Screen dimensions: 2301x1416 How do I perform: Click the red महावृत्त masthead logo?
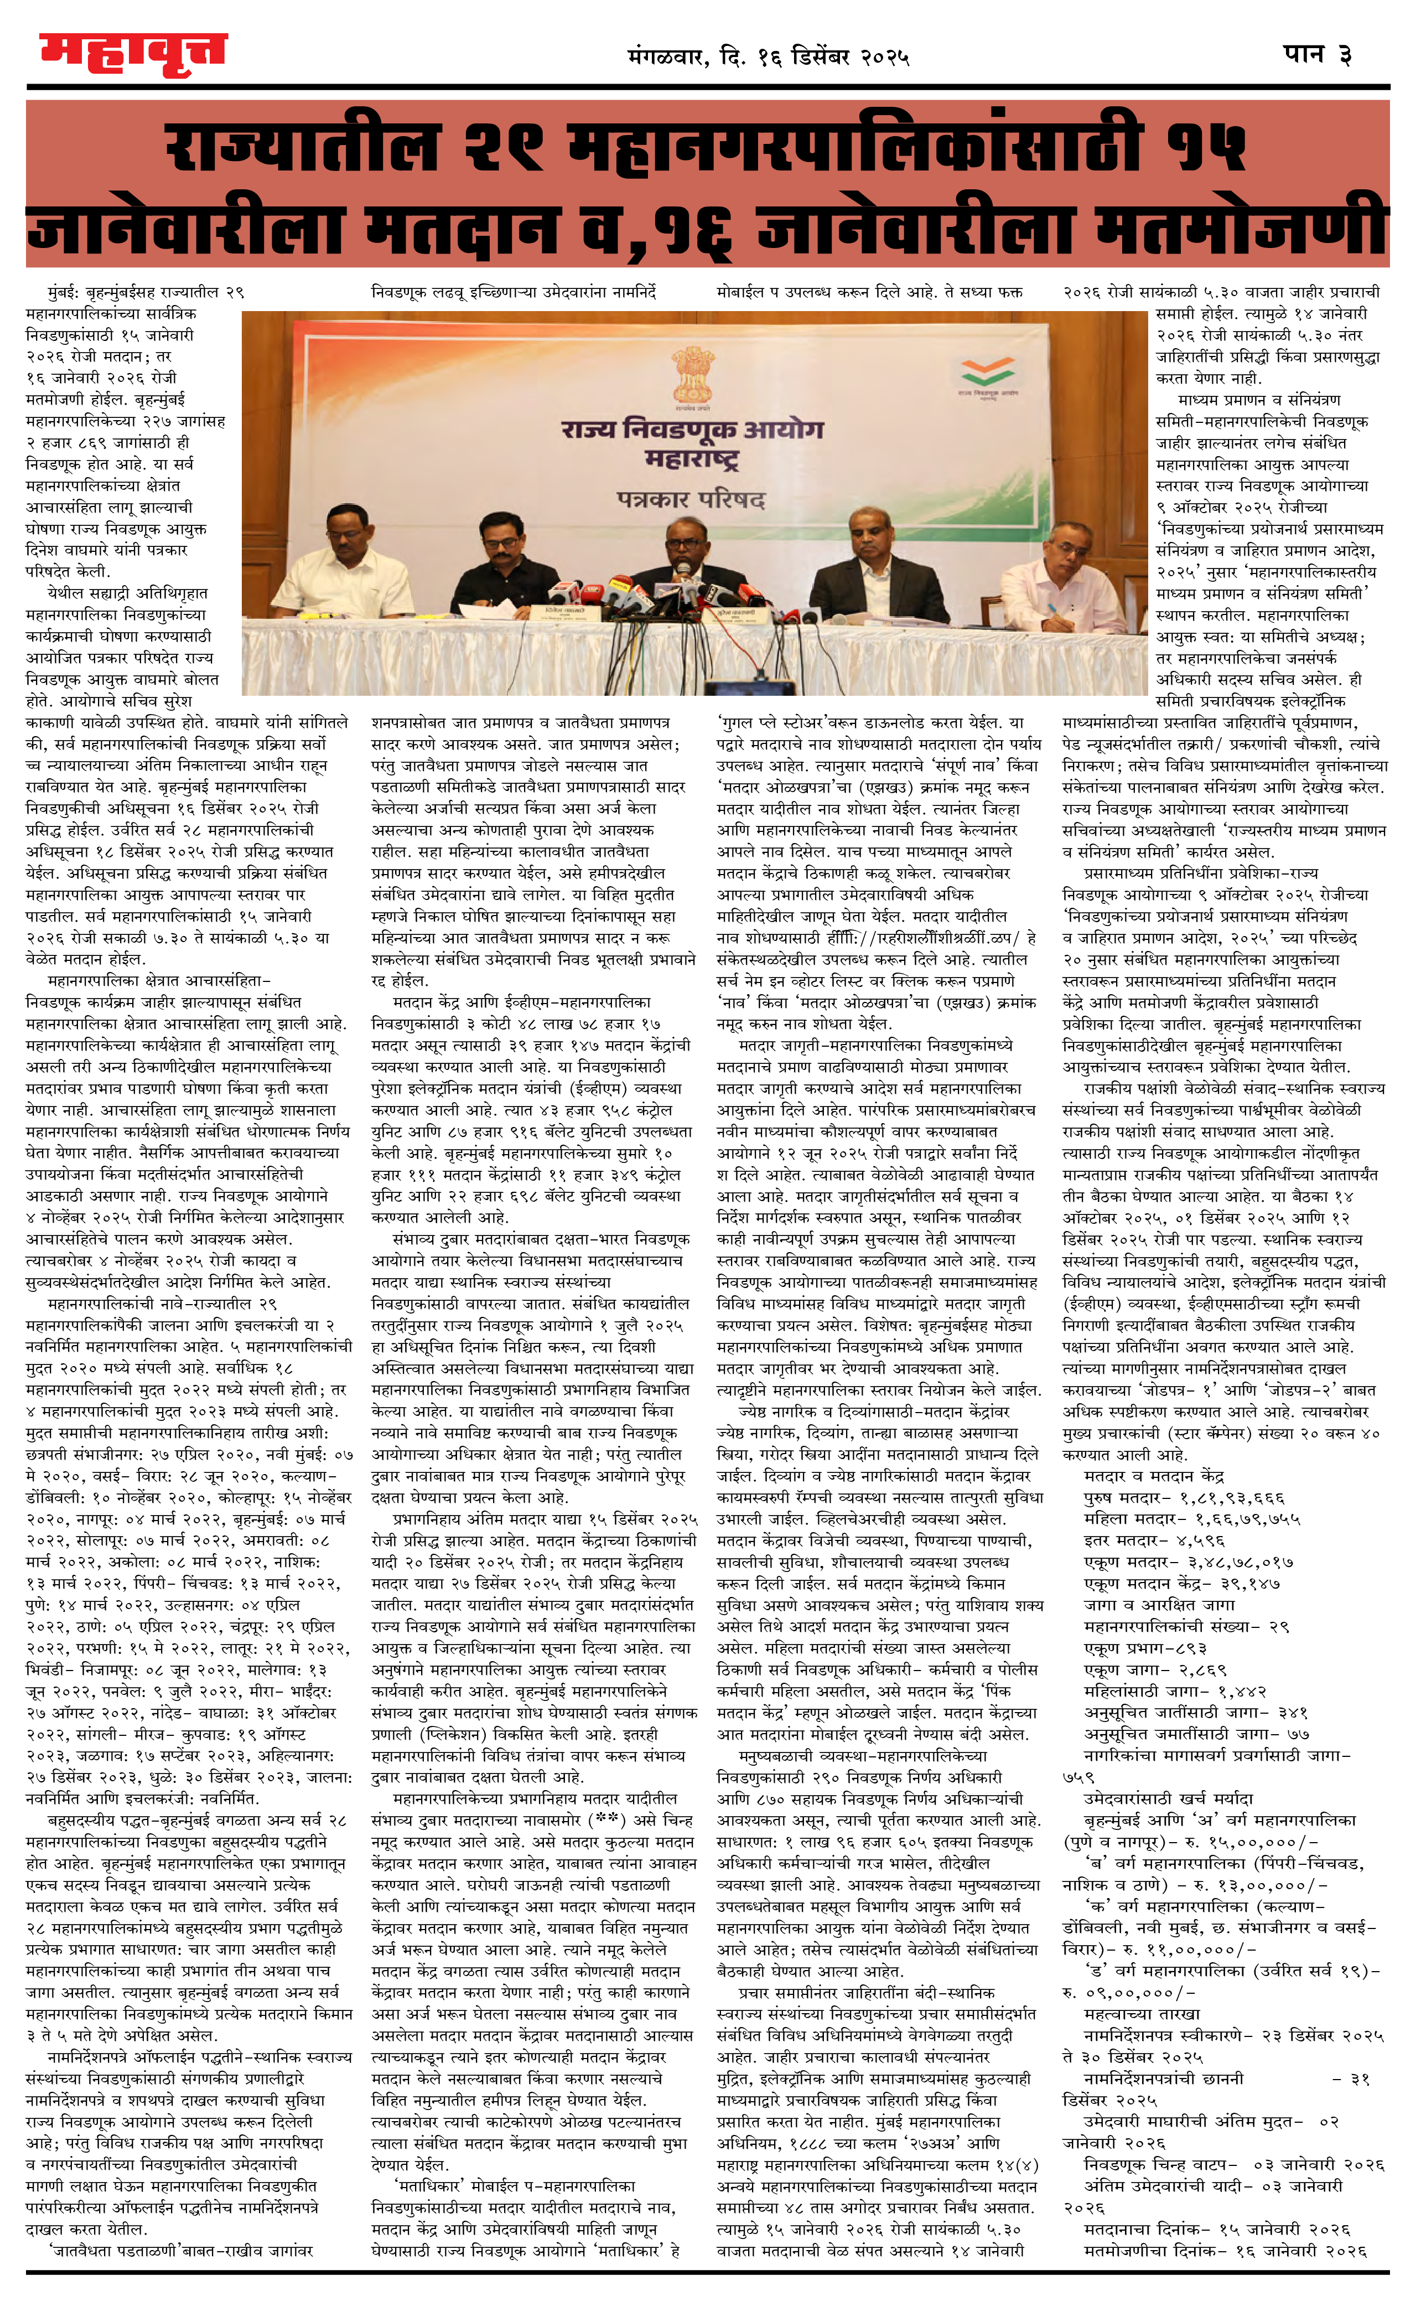pos(133,54)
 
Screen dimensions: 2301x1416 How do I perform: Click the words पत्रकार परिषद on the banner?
pos(691,498)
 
